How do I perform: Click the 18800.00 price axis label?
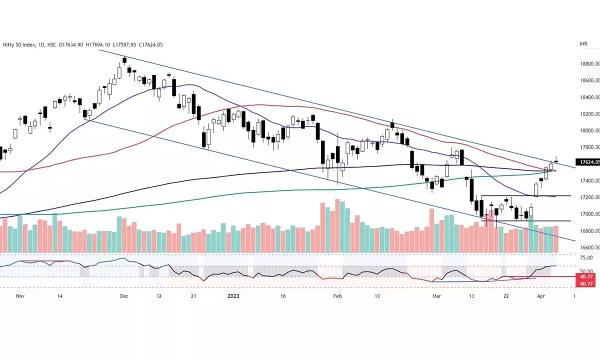pyautogui.click(x=584, y=64)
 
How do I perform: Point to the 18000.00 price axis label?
pyautogui.click(x=584, y=130)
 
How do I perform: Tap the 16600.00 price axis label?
pyautogui.click(x=584, y=247)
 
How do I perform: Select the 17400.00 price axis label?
pyautogui.click(x=584, y=180)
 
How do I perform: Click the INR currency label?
pyautogui.click(x=583, y=44)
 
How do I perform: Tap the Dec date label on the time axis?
pyautogui.click(x=124, y=296)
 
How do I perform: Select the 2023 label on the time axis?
pyautogui.click(x=233, y=296)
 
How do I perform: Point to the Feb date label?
pyautogui.click(x=337, y=296)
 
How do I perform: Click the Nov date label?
pyautogui.click(x=20, y=296)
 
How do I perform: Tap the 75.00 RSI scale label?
pyautogui.click(x=585, y=257)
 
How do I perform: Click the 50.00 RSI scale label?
pyautogui.click(x=585, y=271)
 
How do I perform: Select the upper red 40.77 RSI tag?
pyautogui.click(x=585, y=276)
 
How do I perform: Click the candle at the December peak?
pyautogui.click(x=124, y=61)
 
